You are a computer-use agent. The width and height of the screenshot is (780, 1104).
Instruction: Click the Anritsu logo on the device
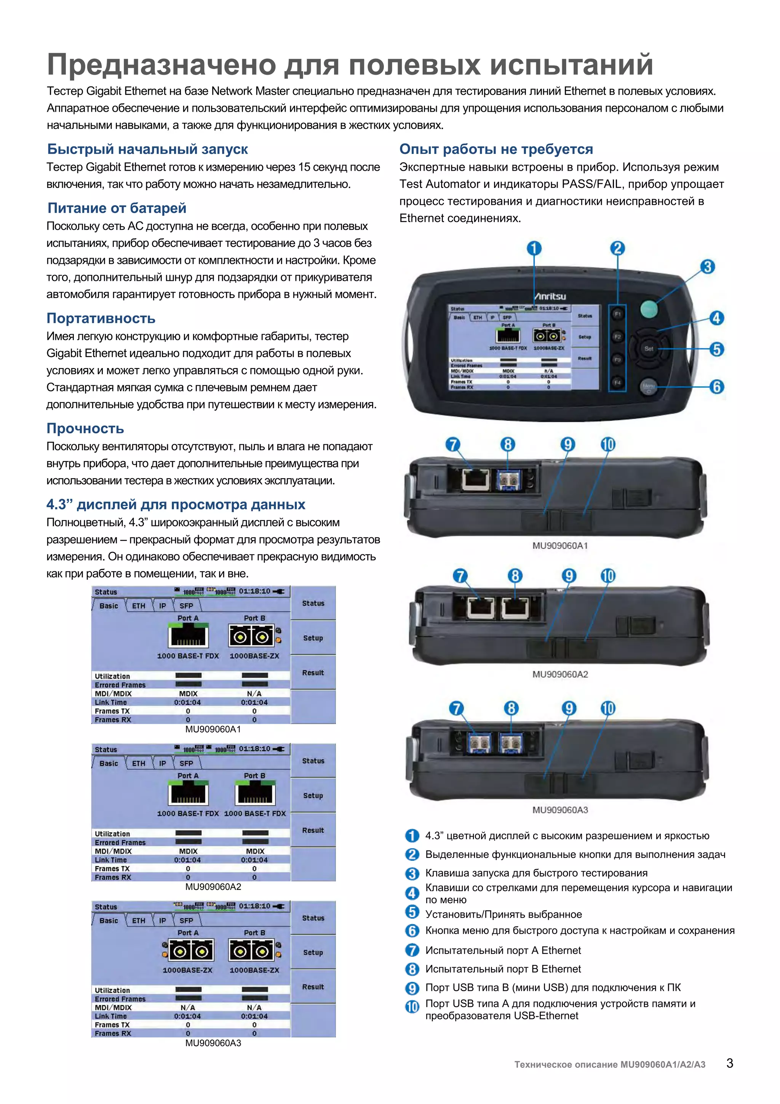coord(550,296)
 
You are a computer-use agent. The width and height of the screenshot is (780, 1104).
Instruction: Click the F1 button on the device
coord(617,314)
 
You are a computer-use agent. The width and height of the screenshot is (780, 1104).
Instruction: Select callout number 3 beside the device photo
coord(707,266)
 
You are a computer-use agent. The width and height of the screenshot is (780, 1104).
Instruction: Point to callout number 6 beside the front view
coord(716,386)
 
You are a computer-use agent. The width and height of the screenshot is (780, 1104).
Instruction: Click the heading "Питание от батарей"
coord(117,208)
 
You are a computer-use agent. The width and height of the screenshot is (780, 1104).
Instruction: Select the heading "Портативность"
coord(101,318)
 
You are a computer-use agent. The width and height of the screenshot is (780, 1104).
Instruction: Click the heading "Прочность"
coord(85,428)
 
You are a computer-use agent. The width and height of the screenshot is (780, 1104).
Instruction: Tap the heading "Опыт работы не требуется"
coord(496,149)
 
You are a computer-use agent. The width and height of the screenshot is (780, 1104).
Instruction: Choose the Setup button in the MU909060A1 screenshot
coord(313,638)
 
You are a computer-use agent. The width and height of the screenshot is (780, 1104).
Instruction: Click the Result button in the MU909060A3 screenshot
coord(313,987)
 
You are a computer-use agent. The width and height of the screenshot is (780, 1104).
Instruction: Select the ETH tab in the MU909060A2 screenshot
coord(138,763)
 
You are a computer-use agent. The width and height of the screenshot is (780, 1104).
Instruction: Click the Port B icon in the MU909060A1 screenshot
coord(251,636)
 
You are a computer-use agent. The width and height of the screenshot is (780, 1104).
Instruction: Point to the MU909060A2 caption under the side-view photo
coord(560,674)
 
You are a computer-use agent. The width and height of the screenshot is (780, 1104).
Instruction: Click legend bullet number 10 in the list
coord(412,1006)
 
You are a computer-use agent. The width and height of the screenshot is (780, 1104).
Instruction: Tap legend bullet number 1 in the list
coord(412,836)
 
